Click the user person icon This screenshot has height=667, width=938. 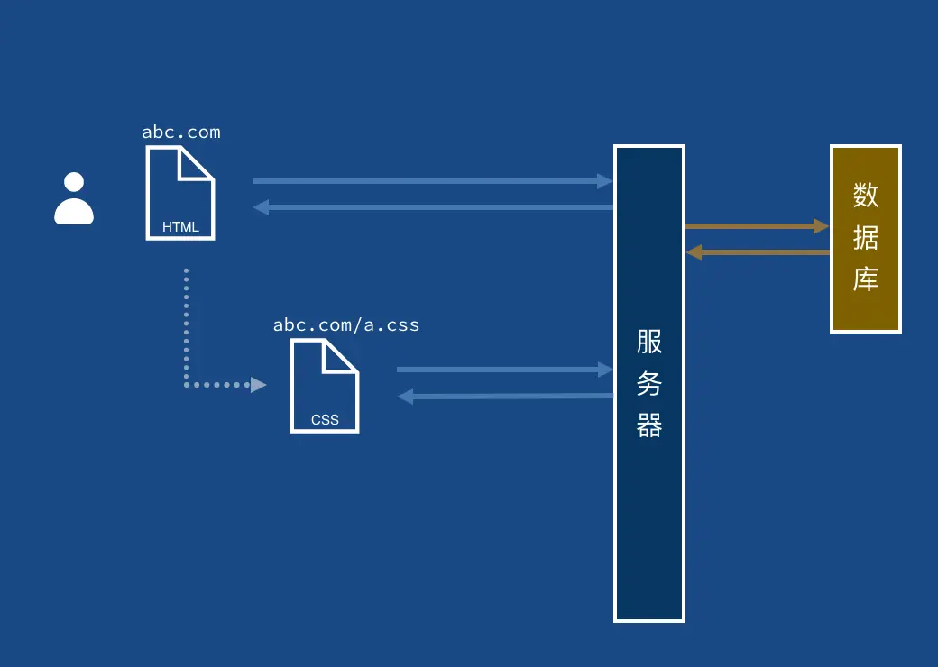click(74, 198)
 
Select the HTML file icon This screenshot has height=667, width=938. click(180, 193)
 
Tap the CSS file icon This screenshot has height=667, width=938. click(325, 386)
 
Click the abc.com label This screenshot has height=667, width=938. click(181, 132)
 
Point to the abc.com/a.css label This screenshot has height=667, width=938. click(346, 324)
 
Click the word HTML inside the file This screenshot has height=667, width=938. click(180, 227)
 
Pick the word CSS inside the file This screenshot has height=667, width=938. click(325, 419)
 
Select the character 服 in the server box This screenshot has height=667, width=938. click(649, 342)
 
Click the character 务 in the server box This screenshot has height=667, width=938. click(649, 384)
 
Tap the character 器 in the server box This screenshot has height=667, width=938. click(649, 425)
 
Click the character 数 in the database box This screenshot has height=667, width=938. click(866, 195)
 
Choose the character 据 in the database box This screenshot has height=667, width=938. click(866, 237)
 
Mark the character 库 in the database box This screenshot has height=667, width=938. click(866, 279)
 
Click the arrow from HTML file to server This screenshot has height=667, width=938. click(433, 181)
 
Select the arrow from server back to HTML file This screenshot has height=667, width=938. click(433, 207)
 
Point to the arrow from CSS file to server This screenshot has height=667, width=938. click(505, 370)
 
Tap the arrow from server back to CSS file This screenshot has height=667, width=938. click(505, 396)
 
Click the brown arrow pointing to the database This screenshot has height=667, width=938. click(758, 226)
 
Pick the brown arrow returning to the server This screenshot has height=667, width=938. click(758, 252)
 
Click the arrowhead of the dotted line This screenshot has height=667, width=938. click(259, 385)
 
